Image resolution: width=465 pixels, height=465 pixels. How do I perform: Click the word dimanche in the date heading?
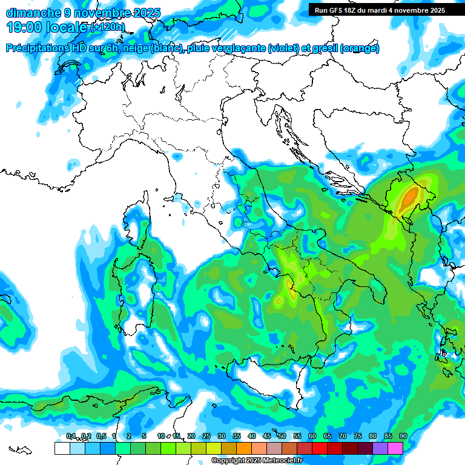tap(30, 13)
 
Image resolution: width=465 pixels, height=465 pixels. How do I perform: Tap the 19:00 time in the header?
tap(27, 27)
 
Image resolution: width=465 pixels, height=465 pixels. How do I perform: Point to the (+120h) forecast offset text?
tap(108, 27)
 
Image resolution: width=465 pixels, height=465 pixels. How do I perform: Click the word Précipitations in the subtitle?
tap(38, 48)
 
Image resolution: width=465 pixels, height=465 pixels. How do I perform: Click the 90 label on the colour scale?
tap(403, 436)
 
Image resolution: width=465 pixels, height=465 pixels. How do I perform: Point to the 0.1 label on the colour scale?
tap(70, 436)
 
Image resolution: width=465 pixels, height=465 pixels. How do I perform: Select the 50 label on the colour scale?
tap(282, 436)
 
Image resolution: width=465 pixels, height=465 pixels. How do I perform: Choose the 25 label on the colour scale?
tap(206, 436)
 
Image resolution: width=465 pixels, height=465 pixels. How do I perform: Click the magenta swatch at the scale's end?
tap(395, 448)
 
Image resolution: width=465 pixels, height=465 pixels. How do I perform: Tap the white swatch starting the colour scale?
tap(62, 448)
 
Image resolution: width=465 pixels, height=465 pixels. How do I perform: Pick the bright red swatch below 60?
tap(320, 448)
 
